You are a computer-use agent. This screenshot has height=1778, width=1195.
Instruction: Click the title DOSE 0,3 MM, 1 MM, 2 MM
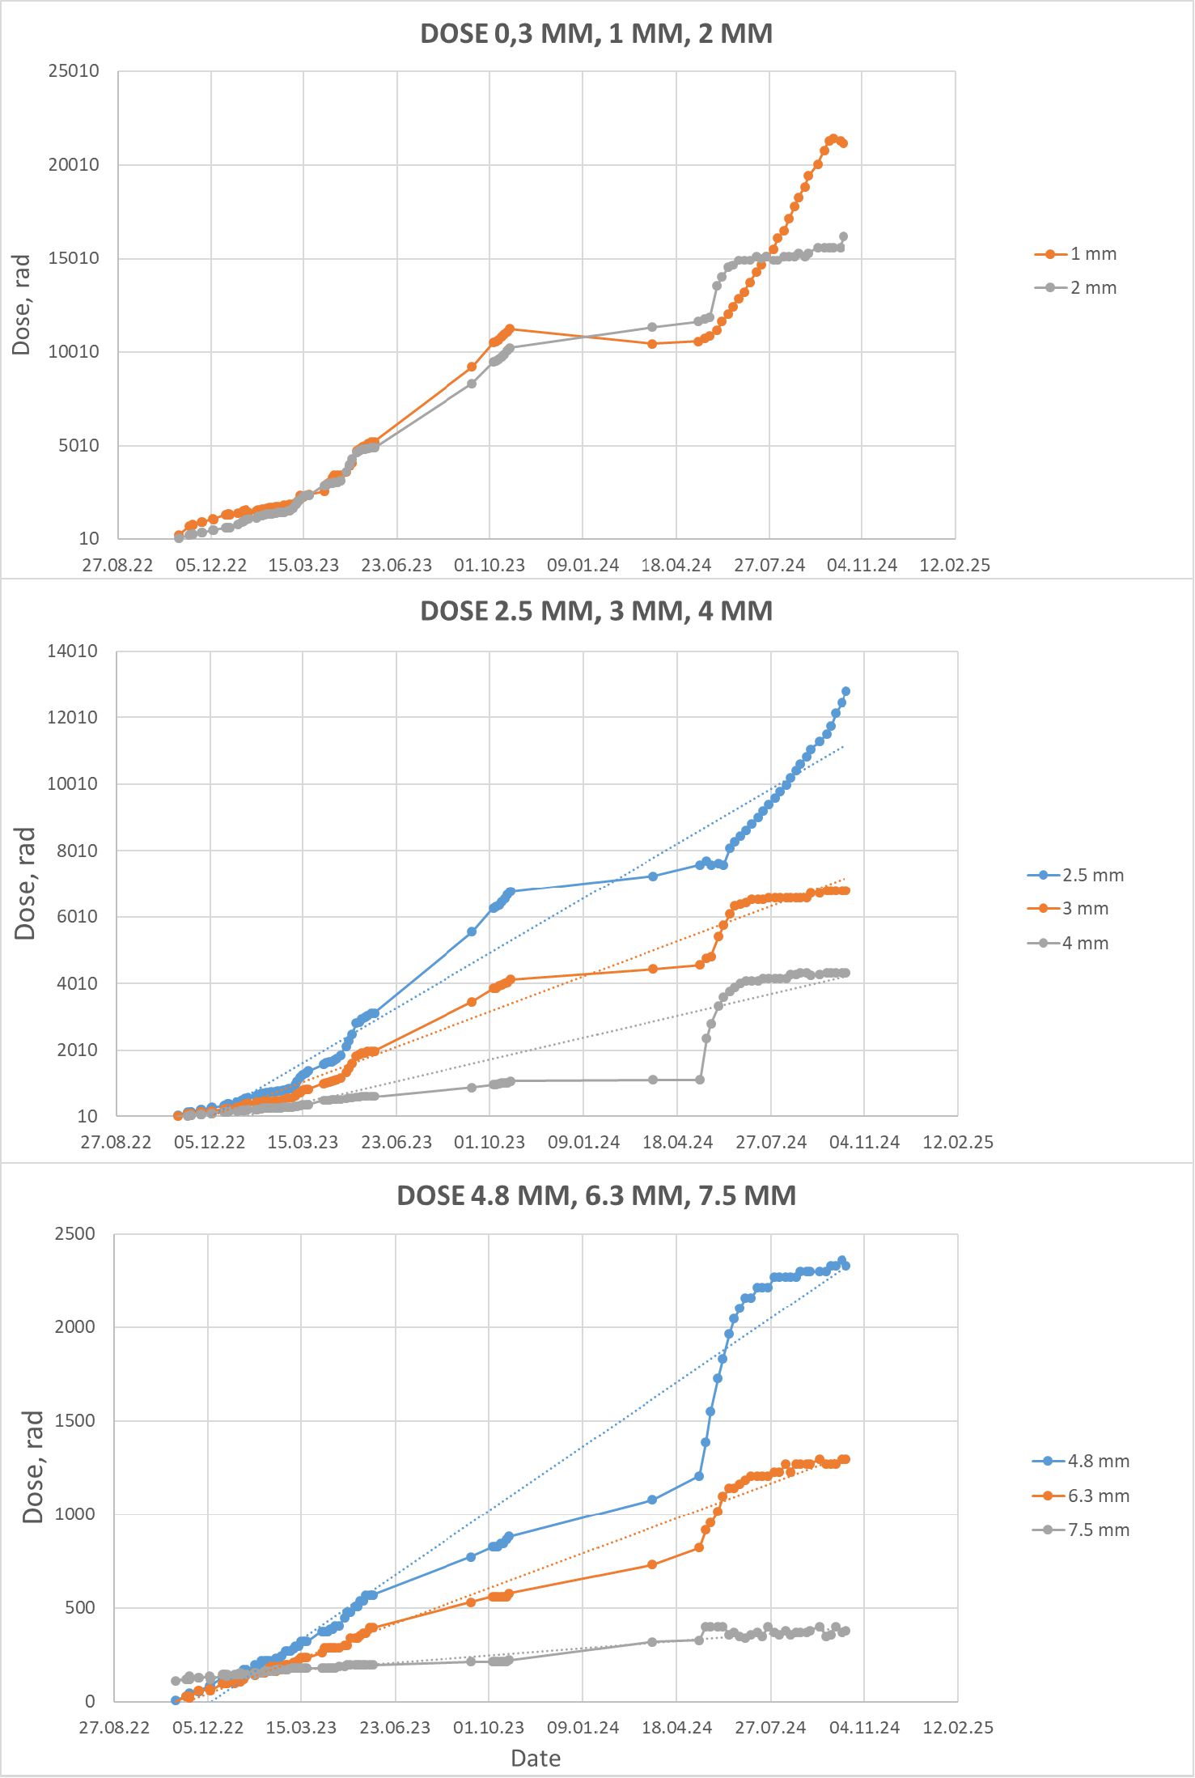click(x=596, y=34)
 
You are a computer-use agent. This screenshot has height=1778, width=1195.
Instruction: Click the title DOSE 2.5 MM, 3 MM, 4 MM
click(x=596, y=611)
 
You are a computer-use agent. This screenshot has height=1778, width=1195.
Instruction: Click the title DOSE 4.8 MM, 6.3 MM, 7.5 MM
click(x=596, y=1196)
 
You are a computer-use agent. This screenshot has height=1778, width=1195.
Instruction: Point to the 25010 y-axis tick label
click(x=74, y=71)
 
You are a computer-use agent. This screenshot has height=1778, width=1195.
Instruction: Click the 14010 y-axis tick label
click(x=72, y=651)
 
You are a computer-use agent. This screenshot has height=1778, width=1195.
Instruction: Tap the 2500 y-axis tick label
click(x=74, y=1234)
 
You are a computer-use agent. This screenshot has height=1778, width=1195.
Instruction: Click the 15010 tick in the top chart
click(x=74, y=258)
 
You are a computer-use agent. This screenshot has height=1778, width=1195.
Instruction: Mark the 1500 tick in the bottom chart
click(x=74, y=1421)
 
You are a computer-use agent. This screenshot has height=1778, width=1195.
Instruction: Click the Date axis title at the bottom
click(x=536, y=1759)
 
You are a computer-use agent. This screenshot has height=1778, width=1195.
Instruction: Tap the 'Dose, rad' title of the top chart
click(x=21, y=304)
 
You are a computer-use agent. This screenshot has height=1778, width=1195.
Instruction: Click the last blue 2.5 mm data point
click(x=846, y=692)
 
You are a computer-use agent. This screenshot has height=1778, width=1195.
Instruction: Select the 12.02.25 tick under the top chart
click(x=955, y=566)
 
